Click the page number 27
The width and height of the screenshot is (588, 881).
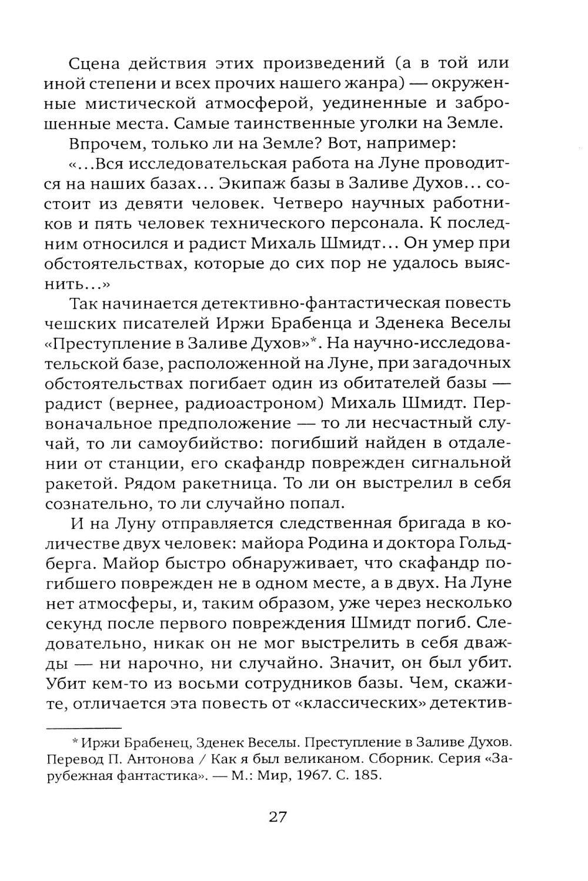pyautogui.click(x=277, y=818)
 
